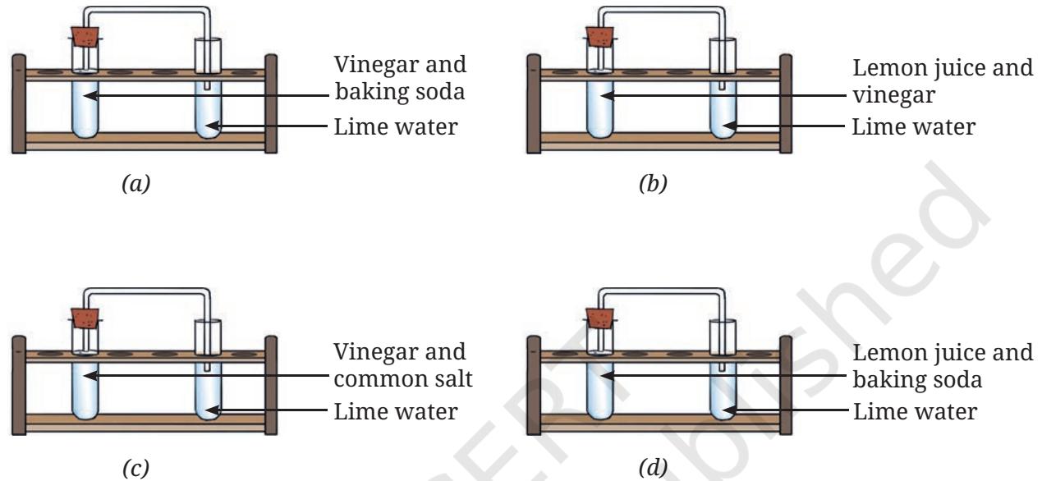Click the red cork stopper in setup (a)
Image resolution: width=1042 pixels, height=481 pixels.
[85, 37]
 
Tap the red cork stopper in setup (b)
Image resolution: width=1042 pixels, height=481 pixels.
[600, 37]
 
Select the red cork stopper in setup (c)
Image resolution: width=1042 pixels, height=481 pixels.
[85, 318]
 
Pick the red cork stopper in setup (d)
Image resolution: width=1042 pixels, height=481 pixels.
[600, 318]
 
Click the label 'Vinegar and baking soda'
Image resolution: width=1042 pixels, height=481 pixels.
[400, 78]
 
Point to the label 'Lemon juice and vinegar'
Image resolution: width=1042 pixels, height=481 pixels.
[943, 81]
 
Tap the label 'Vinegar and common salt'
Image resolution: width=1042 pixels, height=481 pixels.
[403, 364]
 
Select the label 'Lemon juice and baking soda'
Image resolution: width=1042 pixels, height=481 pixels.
[943, 365]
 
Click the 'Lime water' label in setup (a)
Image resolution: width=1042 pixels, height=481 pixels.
[396, 126]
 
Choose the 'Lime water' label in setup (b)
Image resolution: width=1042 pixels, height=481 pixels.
[914, 126]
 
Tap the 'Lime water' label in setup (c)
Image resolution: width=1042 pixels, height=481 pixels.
[396, 411]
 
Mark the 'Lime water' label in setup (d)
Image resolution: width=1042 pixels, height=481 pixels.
[915, 411]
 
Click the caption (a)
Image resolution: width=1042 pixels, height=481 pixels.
[135, 183]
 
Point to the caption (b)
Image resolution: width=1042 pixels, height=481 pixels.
[653, 183]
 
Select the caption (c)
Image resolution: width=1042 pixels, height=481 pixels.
[135, 468]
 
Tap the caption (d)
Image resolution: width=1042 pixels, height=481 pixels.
[653, 468]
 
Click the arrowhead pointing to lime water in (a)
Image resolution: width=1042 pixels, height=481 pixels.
[212, 126]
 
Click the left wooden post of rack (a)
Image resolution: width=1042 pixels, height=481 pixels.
[19, 103]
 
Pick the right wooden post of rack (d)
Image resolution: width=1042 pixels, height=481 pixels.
[786, 385]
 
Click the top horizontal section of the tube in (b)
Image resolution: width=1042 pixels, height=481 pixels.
[662, 9]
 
